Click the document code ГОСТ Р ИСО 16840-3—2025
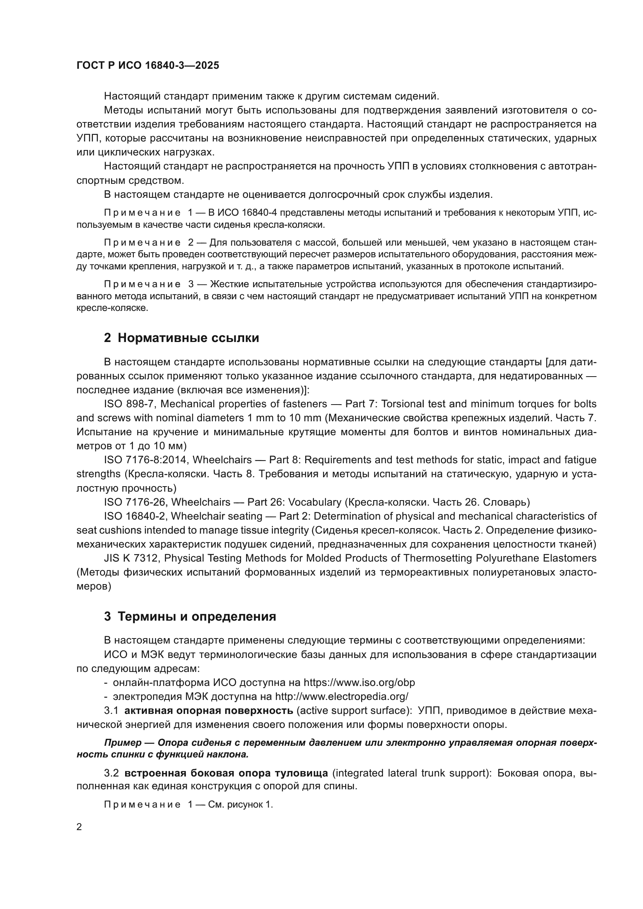pyautogui.click(x=148, y=66)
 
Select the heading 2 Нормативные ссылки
pyautogui.click(x=181, y=338)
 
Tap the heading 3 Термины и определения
pyautogui.click(x=190, y=616)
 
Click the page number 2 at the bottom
pyautogui.click(x=79, y=827)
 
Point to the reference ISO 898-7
pyautogui.click(x=129, y=404)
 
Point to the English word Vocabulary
pyautogui.click(x=315, y=502)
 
